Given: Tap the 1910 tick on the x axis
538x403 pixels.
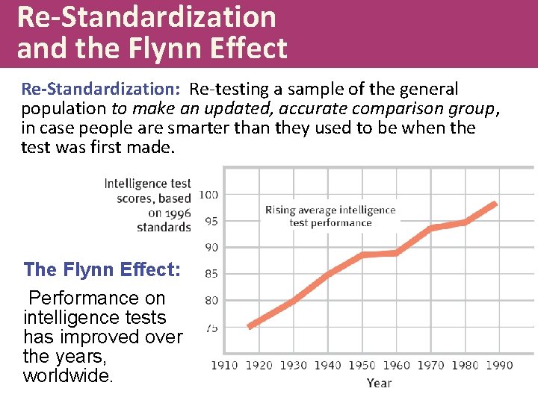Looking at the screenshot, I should coord(224,365).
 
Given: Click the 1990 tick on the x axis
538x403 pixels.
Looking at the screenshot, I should coord(499,365).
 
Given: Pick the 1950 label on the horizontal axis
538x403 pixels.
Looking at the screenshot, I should coord(362,365).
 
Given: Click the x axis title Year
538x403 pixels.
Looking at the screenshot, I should coord(379,383).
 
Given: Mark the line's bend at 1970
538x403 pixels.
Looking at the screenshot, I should coord(430,228).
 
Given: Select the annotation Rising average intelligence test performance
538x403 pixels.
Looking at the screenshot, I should coord(330,216).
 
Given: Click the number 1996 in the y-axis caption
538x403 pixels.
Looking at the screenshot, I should coord(177,213).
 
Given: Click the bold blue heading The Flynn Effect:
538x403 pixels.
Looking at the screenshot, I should coord(102,269).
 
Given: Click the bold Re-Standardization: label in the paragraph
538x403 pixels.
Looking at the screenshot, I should coord(101,90).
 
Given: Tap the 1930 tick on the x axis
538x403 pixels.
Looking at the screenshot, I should coord(293,365).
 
